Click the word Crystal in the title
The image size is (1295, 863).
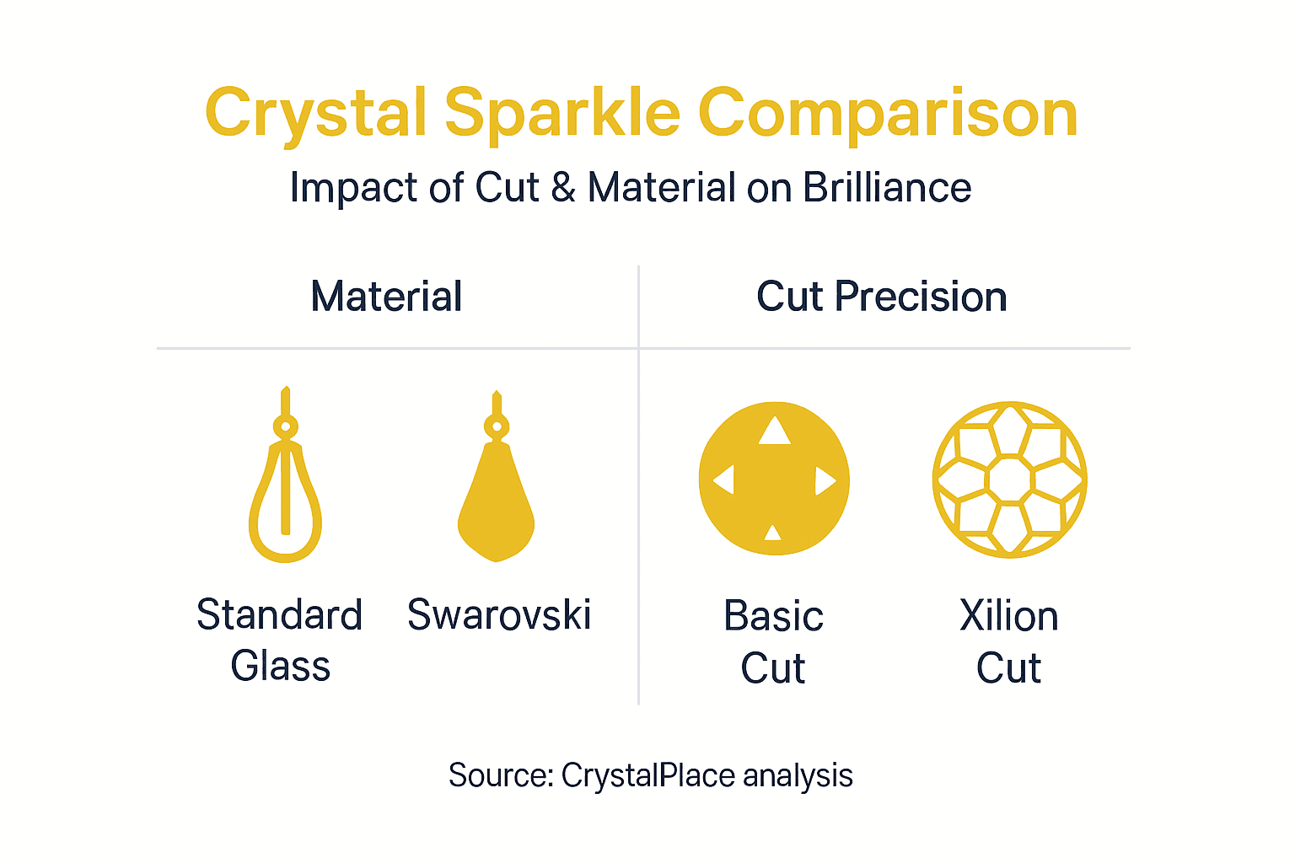[x=315, y=114]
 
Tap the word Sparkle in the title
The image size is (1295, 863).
[x=562, y=114]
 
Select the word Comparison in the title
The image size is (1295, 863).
[x=888, y=114]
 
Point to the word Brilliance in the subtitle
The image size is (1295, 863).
[x=886, y=187]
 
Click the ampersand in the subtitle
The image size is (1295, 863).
[x=563, y=187]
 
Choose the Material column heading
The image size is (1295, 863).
[x=386, y=297]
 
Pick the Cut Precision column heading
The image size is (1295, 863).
[x=881, y=297]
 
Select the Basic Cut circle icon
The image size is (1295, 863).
[x=774, y=479]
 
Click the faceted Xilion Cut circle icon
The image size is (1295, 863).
[x=1009, y=479]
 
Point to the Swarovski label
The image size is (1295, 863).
[x=499, y=614]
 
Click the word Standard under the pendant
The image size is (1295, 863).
[x=280, y=614]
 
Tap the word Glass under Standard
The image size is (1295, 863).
[x=280, y=666]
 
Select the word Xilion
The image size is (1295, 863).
[x=1008, y=616]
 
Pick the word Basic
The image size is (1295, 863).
[x=773, y=616]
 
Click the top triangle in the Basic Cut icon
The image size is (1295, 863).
[x=774, y=431]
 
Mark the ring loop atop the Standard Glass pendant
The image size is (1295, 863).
[x=285, y=426]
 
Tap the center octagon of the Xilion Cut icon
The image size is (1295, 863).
[x=1009, y=479]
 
